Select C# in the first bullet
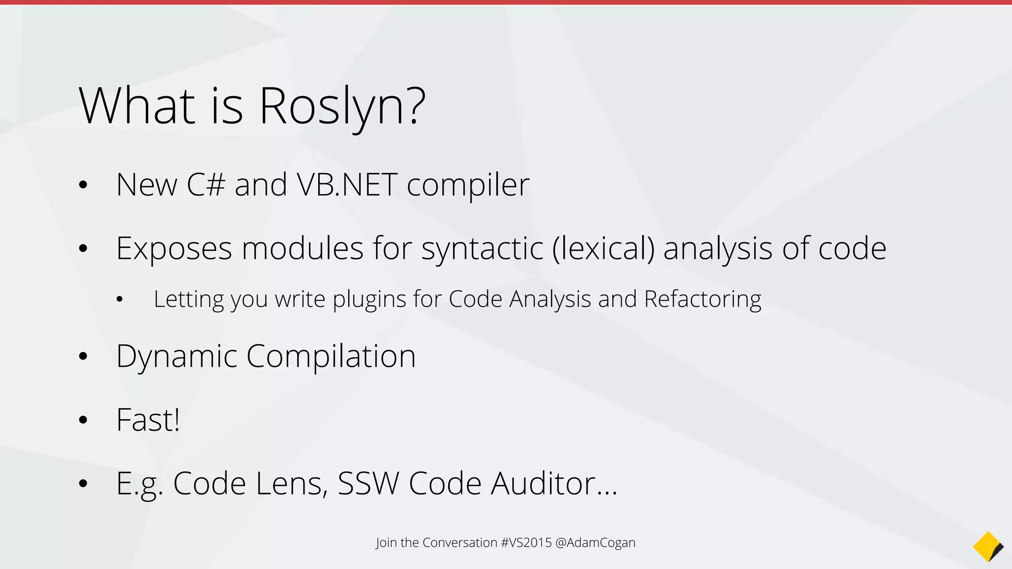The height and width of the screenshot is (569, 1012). pyautogui.click(x=206, y=185)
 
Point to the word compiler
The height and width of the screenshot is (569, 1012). pyautogui.click(x=468, y=186)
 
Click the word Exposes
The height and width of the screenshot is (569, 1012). pyautogui.click(x=173, y=248)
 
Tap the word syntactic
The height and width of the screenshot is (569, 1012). pyautogui.click(x=482, y=248)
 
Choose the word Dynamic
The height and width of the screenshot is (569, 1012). pyautogui.click(x=176, y=357)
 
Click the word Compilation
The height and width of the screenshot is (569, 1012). pyautogui.click(x=331, y=357)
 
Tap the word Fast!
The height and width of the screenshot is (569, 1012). pyautogui.click(x=148, y=420)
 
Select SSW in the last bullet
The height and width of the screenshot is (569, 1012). pyautogui.click(x=368, y=484)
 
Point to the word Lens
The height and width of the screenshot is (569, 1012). pyautogui.click(x=292, y=484)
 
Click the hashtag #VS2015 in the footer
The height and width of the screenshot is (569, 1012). pyautogui.click(x=526, y=543)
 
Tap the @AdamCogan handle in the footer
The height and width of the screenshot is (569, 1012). pyautogui.click(x=595, y=543)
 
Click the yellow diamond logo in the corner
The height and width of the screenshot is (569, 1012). pyautogui.click(x=988, y=547)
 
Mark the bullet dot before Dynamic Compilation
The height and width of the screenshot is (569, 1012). pyautogui.click(x=83, y=357)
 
